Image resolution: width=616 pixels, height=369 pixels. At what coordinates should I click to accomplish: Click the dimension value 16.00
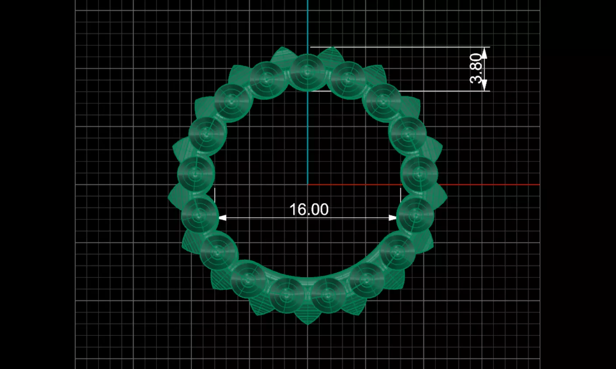(x=308, y=209)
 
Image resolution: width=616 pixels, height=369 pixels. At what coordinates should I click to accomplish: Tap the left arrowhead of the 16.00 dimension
(x=222, y=218)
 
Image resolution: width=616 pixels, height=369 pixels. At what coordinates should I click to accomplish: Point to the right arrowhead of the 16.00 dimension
(x=393, y=218)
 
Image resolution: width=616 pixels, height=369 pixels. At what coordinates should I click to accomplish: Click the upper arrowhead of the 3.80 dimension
(x=484, y=53)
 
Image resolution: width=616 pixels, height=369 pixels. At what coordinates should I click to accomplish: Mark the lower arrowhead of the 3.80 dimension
(x=484, y=86)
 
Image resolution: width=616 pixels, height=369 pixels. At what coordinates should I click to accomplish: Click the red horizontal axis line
(x=482, y=185)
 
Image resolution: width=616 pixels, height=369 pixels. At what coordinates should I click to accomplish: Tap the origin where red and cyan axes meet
(x=308, y=185)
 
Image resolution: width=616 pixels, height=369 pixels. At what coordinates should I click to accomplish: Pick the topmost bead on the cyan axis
(x=307, y=70)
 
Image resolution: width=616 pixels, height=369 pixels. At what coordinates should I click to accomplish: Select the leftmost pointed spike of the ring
(x=172, y=196)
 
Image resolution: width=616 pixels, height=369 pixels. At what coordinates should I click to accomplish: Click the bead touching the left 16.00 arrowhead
(x=199, y=215)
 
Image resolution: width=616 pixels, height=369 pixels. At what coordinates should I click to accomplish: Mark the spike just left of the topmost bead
(x=281, y=55)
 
